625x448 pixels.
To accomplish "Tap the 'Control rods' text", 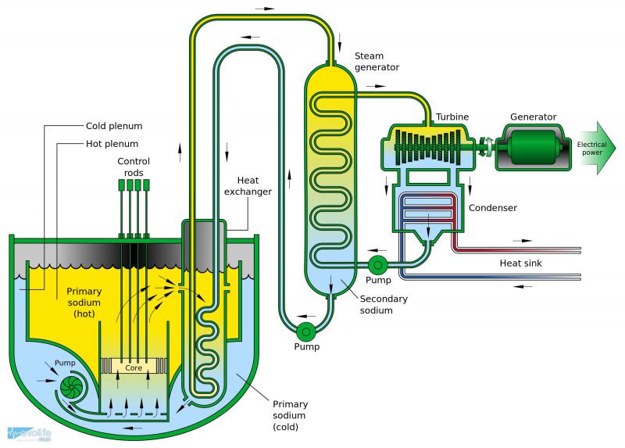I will click(x=134, y=167).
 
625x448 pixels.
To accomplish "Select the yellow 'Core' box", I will click(x=134, y=366).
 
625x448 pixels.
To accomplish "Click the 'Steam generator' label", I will click(x=377, y=62).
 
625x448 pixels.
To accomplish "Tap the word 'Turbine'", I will click(x=452, y=116).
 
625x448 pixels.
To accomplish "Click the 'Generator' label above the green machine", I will click(x=534, y=116).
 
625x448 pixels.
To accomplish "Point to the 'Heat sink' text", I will click(x=521, y=263).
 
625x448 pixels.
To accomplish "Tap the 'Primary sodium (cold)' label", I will click(x=291, y=415).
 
